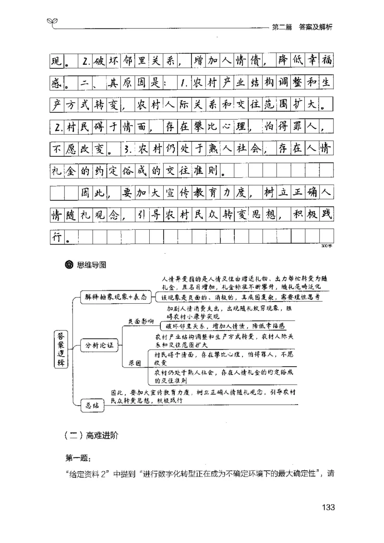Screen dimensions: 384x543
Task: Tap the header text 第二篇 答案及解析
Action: [302, 27]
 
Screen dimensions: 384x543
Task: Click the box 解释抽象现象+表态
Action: [115, 296]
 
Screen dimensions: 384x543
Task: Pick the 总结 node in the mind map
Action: [92, 405]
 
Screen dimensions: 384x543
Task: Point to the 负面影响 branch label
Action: [141, 321]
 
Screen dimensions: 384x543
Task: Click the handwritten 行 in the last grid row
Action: [57, 237]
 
